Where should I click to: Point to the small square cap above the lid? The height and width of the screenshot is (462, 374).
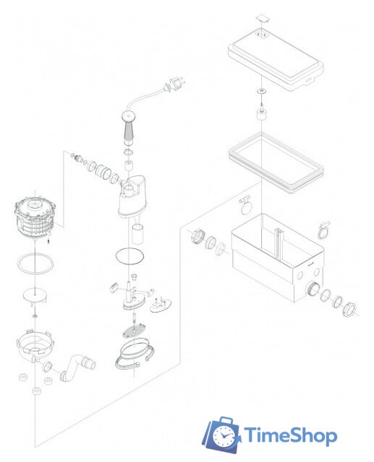click(x=263, y=18)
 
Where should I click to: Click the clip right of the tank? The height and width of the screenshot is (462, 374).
click(x=323, y=230)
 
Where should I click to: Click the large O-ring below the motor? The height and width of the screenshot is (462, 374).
click(x=36, y=263)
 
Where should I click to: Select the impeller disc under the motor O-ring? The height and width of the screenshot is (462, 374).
click(x=35, y=295)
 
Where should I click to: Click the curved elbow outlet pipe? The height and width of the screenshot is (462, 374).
click(x=77, y=367)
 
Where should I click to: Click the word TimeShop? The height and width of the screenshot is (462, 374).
click(x=291, y=436)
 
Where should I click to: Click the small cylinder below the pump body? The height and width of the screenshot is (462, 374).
click(x=137, y=234)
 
